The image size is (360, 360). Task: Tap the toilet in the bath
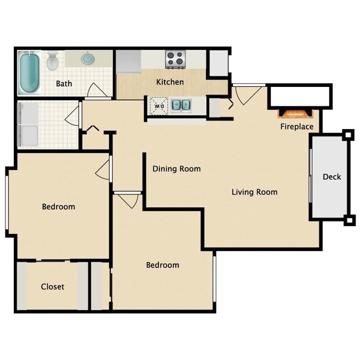53,61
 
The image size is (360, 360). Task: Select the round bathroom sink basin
88,58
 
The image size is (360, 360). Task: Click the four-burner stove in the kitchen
176,58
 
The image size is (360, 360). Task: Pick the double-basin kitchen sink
180,104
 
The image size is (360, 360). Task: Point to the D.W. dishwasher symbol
160,104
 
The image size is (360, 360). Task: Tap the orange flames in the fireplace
296,114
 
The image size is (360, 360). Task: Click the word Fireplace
297,127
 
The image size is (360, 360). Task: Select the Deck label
332,177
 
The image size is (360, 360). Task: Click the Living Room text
254,192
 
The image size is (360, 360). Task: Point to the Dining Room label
176,169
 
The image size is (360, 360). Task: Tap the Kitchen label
169,82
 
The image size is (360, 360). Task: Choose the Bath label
64,84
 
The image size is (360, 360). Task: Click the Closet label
53,286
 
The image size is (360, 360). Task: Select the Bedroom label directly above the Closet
58,207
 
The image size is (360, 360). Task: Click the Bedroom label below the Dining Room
162,265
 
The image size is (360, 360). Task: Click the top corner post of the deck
348,135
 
